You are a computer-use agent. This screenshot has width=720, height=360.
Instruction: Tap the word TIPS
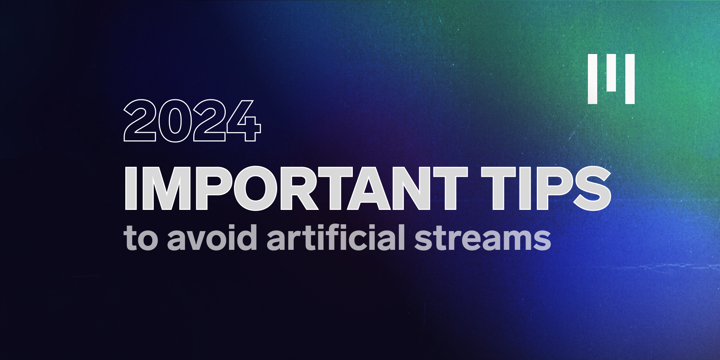point(546,188)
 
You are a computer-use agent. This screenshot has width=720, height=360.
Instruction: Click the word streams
point(482,238)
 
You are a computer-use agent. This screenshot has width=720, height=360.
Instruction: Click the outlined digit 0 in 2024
point(175,121)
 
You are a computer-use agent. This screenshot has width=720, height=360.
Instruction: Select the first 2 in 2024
point(140,121)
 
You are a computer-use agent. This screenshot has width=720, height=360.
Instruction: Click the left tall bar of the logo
point(593,79)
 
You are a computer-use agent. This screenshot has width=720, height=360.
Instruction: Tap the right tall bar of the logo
point(630,79)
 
